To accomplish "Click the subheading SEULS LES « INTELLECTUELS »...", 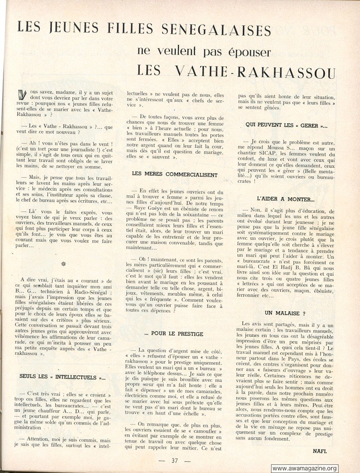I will click(x=62, y=377).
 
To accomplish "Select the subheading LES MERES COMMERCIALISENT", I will click(x=175, y=175).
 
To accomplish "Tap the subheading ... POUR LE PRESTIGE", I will click(x=174, y=334).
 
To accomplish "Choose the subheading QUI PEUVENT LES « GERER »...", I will click(x=286, y=125).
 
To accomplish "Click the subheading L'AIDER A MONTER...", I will click(x=286, y=199).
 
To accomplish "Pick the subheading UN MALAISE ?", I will click(x=285, y=313).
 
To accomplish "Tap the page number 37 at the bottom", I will click(x=174, y=461).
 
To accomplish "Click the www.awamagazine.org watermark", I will click(x=305, y=468).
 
